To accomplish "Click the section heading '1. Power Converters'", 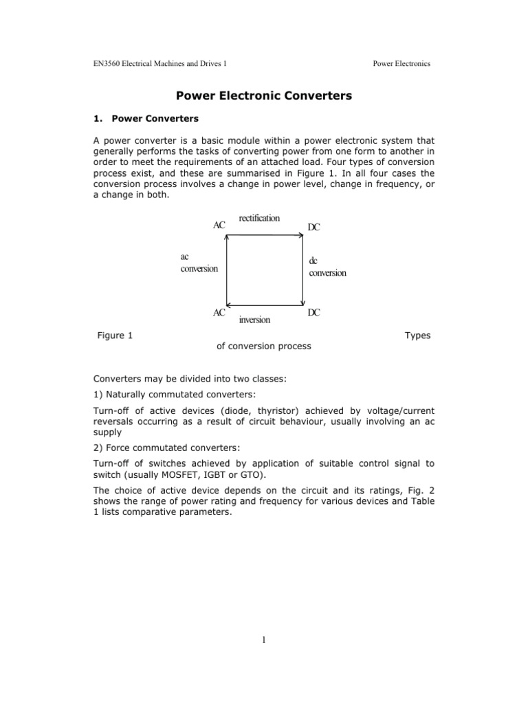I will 146,118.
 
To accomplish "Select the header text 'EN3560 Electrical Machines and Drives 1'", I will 160,64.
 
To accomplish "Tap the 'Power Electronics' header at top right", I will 401,64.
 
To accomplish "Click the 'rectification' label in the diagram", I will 259,218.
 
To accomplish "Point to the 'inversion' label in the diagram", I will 254,320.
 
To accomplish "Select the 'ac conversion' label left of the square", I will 199,262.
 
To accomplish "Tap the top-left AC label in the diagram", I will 219,225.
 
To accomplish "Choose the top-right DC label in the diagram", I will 313,227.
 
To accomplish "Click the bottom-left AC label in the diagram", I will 219,313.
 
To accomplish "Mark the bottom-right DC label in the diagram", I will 313,313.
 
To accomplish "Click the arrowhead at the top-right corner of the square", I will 301,236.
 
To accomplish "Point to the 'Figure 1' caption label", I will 115,335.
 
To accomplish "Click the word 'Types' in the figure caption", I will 417,335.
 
